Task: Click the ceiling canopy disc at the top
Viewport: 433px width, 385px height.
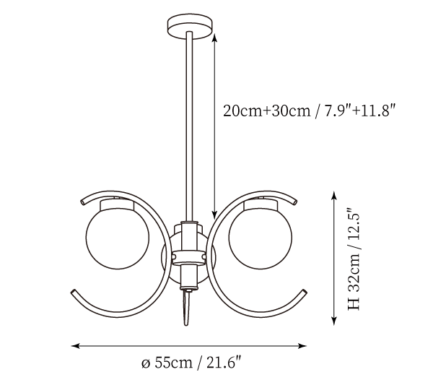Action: click(x=191, y=27)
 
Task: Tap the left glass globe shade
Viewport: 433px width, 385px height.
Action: click(x=118, y=238)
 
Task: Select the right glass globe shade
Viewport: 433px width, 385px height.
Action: click(x=261, y=238)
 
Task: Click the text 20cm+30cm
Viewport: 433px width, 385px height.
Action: click(x=266, y=111)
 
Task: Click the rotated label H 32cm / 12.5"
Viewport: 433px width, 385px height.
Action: click(x=354, y=259)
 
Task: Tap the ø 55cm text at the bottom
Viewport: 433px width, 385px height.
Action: click(x=167, y=363)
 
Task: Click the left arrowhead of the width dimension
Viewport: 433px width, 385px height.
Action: click(x=75, y=346)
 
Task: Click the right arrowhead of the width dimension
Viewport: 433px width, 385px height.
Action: click(x=302, y=346)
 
